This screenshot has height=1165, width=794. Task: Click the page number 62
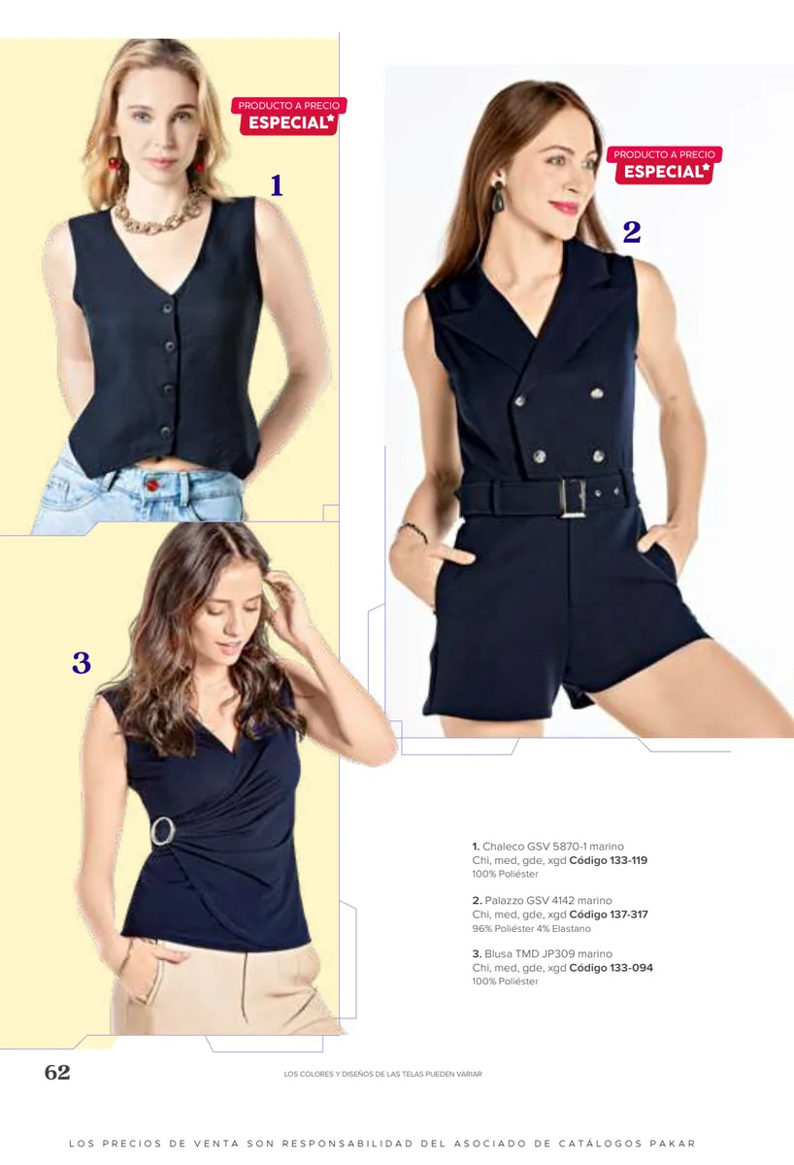(57, 1072)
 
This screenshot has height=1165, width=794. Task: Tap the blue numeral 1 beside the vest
(277, 185)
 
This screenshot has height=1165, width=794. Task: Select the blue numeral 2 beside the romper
(632, 232)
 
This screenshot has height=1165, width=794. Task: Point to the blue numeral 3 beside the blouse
(82, 662)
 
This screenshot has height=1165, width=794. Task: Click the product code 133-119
(629, 860)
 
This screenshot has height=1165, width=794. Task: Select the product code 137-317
(629, 915)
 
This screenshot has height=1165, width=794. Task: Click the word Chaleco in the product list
(503, 847)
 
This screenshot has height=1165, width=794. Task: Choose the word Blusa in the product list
(498, 954)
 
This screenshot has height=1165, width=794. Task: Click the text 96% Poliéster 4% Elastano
(531, 929)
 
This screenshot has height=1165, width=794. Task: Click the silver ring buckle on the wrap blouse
(163, 831)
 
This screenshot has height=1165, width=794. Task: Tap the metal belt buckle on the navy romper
(572, 498)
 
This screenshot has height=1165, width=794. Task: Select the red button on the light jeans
(152, 485)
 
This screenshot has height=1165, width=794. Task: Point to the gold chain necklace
(159, 214)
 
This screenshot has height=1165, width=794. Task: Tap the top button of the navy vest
(167, 308)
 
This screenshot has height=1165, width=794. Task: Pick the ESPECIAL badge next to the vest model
(288, 116)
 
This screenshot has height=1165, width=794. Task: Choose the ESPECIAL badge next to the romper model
(664, 165)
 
